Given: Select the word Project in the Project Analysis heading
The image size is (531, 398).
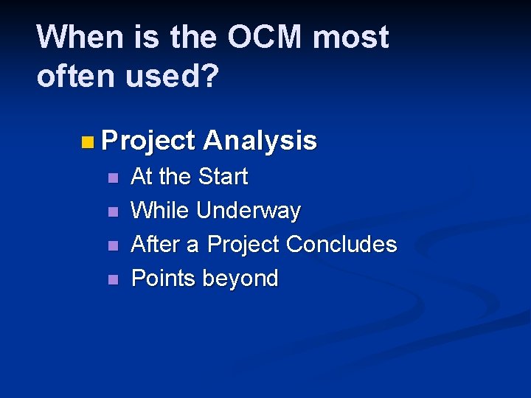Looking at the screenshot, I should click(148, 141).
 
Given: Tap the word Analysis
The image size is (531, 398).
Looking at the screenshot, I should click(260, 141).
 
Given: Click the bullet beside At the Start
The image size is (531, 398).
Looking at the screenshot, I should click(112, 178).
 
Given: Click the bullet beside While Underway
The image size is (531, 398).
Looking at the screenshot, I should click(112, 212).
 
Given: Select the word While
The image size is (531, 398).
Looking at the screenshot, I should click(159, 212).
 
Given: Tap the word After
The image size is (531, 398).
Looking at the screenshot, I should click(156, 245).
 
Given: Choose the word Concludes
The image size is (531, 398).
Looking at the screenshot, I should click(341, 245).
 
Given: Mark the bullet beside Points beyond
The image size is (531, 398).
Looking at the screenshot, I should click(112, 280).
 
